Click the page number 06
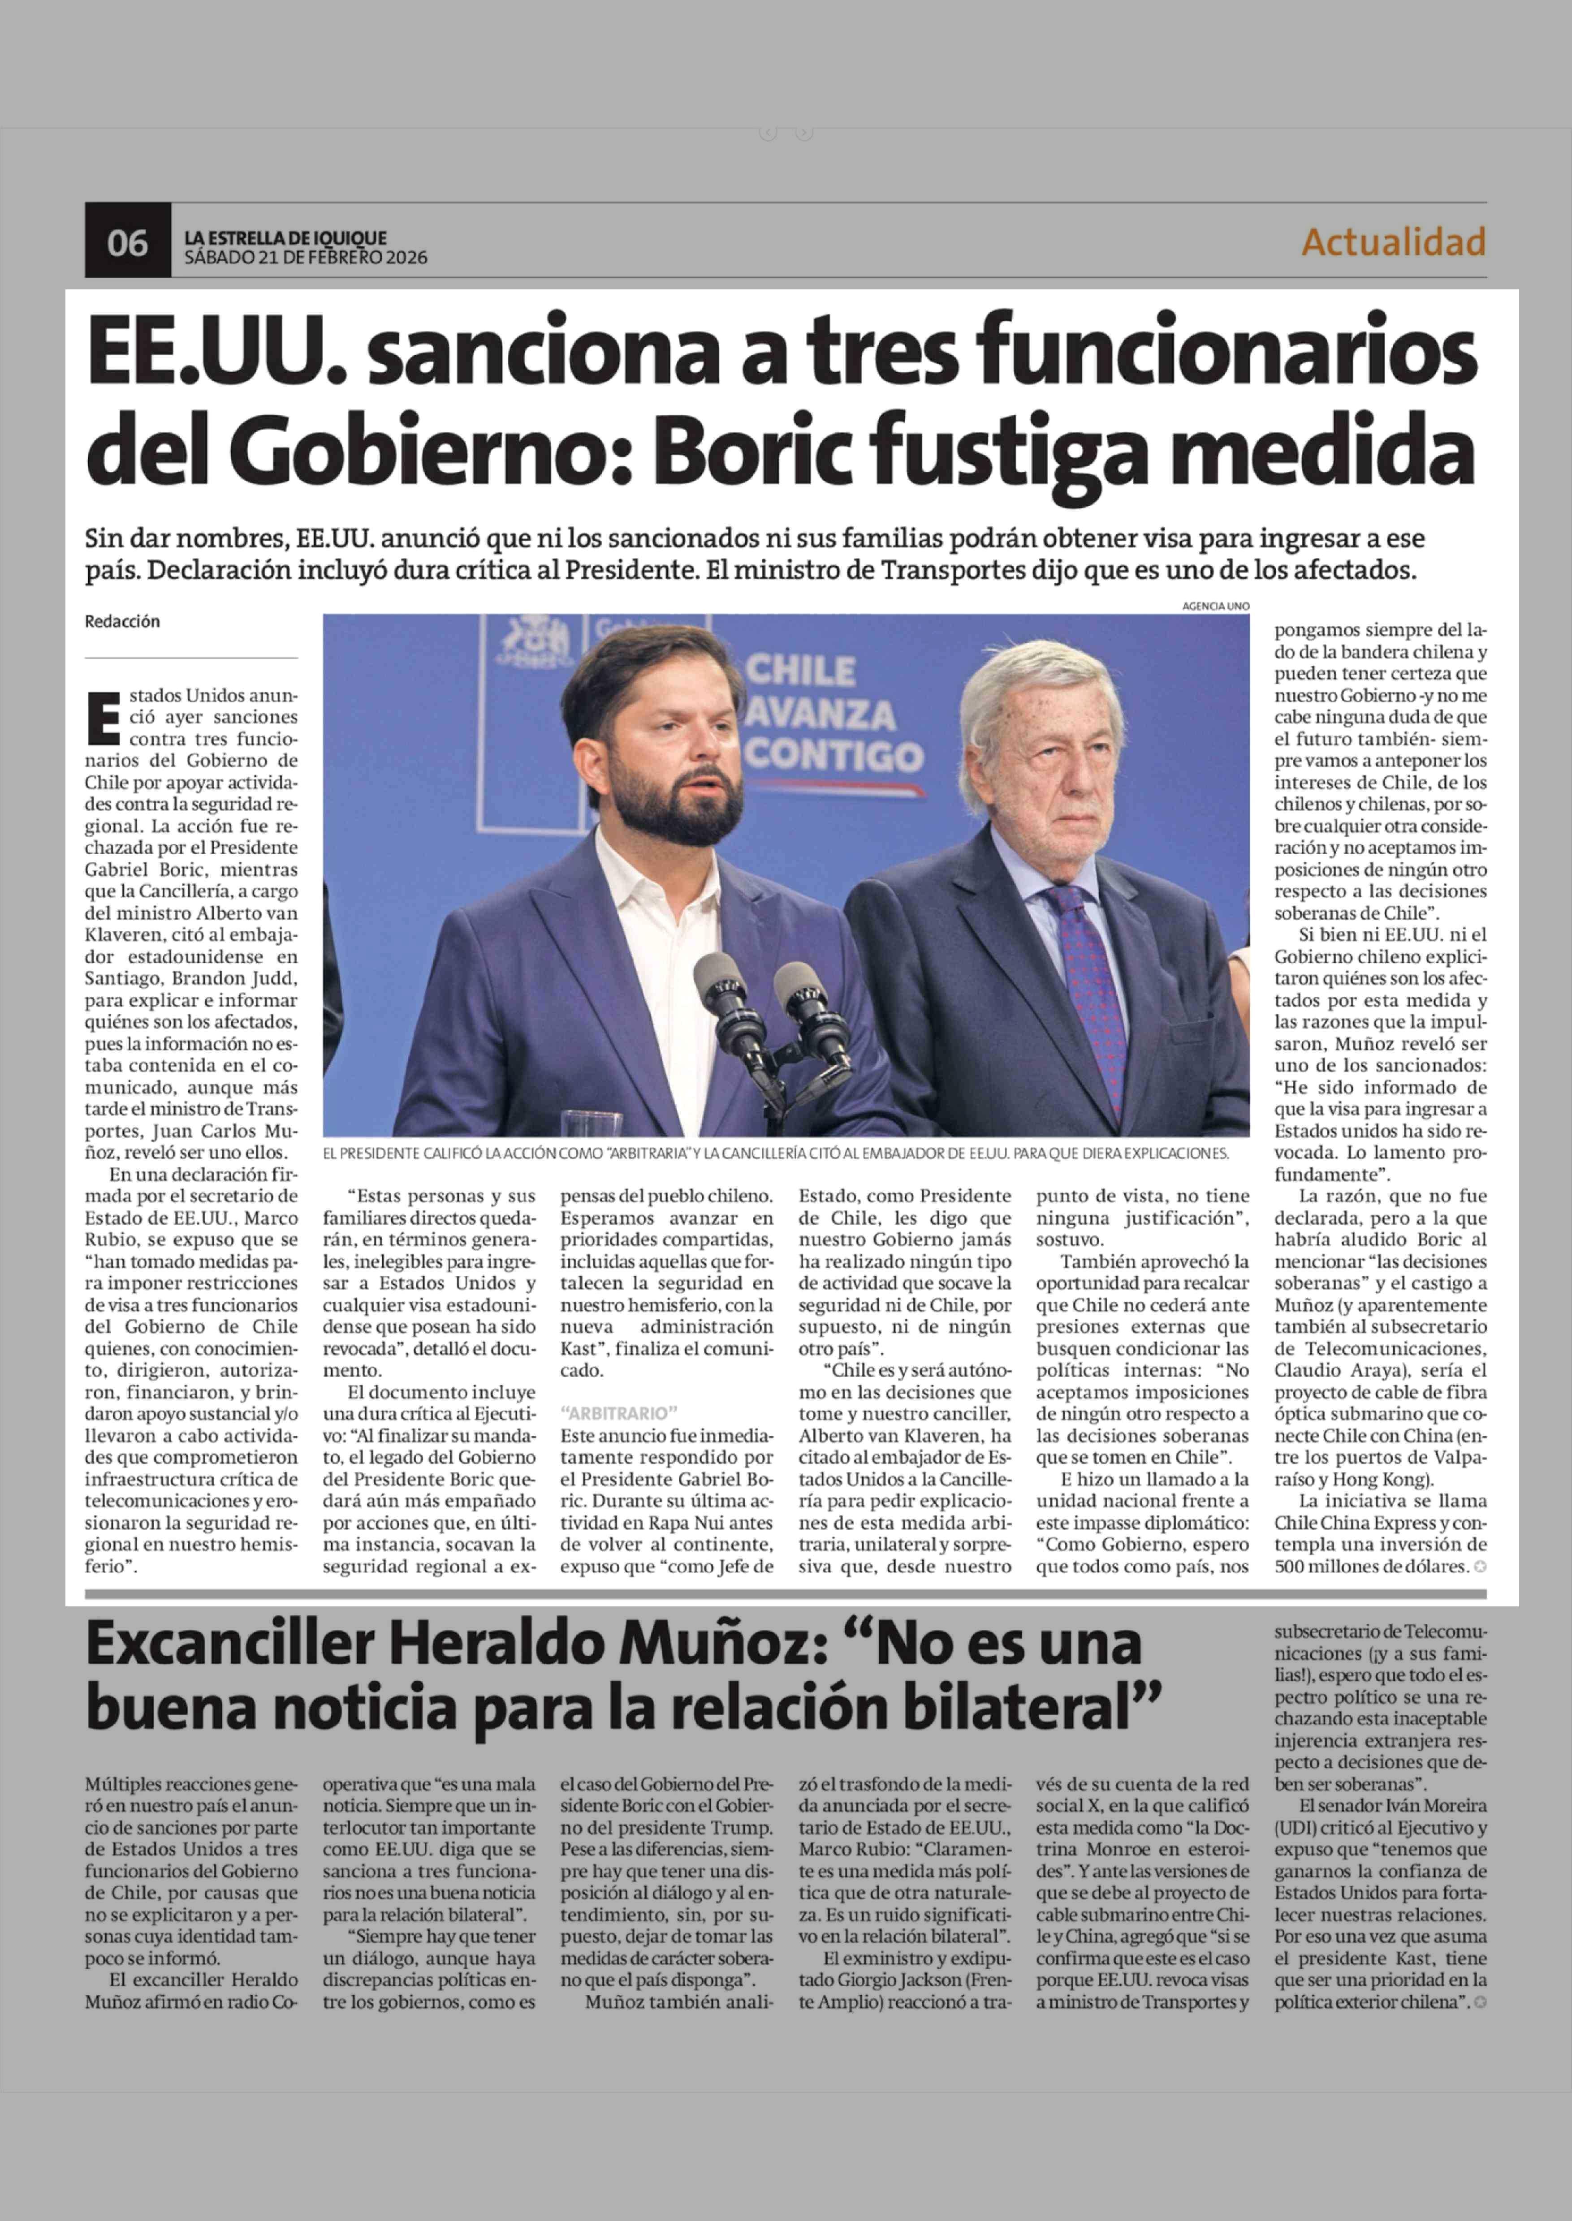click(x=127, y=242)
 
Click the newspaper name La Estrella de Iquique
click(x=285, y=237)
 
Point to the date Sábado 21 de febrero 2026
click(x=305, y=258)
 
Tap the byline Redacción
click(x=122, y=621)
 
